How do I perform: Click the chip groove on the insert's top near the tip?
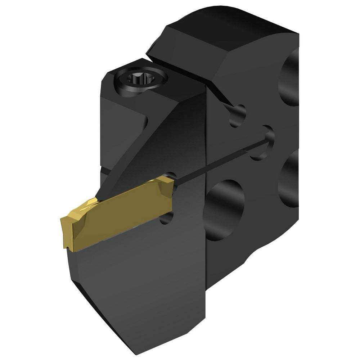point(86,207)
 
